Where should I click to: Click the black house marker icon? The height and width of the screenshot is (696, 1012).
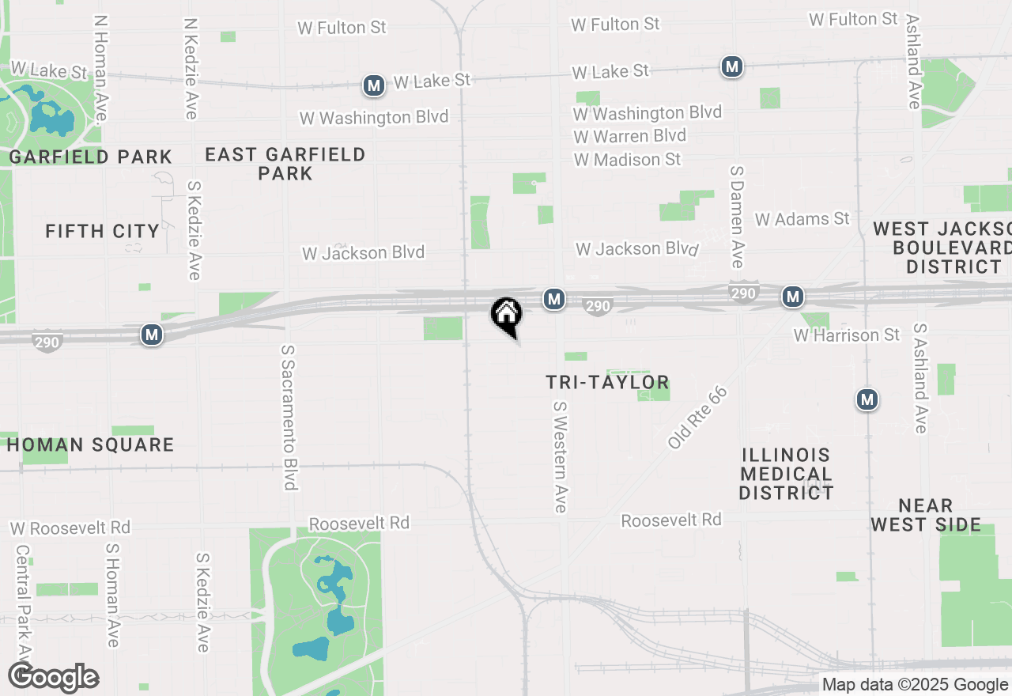[506, 315]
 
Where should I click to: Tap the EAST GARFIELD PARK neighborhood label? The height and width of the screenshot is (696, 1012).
[285, 163]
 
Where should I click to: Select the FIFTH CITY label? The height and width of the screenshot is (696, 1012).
[102, 231]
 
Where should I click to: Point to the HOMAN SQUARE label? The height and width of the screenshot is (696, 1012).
[90, 444]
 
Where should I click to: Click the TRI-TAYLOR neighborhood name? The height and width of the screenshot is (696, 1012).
[607, 383]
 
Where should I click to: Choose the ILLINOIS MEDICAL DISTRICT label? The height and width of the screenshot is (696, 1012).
[786, 474]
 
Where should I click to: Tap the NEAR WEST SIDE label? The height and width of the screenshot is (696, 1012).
[926, 515]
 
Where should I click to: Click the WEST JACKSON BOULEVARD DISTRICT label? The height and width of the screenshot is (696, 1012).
[943, 248]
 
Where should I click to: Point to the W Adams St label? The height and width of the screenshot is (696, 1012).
[802, 219]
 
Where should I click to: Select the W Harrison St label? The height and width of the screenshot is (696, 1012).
[846, 335]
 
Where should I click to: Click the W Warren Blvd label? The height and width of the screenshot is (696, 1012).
[629, 136]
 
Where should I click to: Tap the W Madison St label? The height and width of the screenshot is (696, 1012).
[628, 160]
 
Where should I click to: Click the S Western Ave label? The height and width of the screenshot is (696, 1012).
[561, 456]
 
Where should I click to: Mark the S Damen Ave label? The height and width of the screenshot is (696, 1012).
[738, 216]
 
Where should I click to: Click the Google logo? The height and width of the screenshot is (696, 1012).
[54, 678]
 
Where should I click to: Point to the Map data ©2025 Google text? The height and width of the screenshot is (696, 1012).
[915, 685]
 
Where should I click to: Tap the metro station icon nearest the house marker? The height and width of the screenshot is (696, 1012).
[554, 298]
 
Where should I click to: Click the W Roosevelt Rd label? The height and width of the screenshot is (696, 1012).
[70, 528]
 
